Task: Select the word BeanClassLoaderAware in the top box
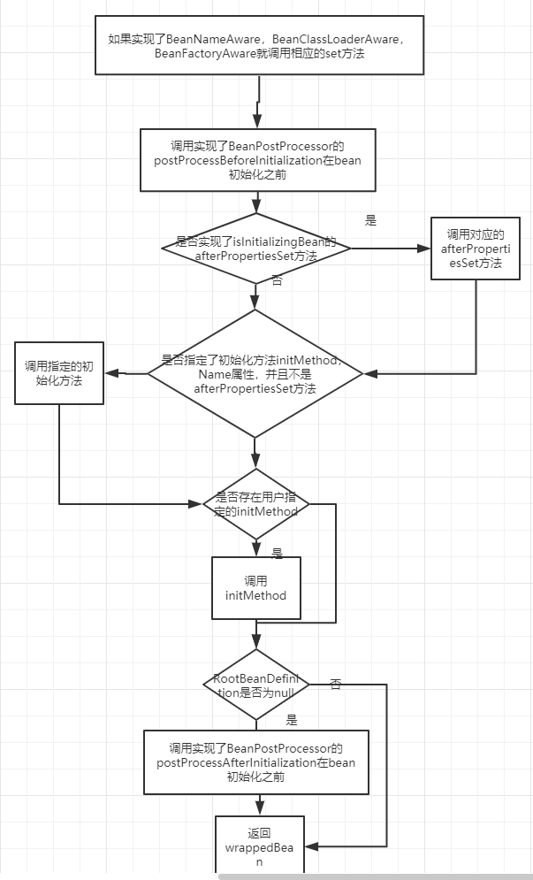326,39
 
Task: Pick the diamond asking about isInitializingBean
255,249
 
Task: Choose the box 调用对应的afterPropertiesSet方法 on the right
475,249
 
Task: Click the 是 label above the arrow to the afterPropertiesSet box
370,220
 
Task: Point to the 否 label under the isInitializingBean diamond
277,280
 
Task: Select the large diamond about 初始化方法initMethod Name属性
255,373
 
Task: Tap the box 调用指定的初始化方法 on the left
59,373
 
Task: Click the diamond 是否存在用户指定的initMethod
255,504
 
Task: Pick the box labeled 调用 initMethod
255,588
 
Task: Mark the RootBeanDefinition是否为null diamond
255,685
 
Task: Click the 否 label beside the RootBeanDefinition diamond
335,684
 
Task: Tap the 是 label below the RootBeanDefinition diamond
291,720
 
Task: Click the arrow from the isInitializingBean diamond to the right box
389,249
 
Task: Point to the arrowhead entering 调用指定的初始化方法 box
111,373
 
